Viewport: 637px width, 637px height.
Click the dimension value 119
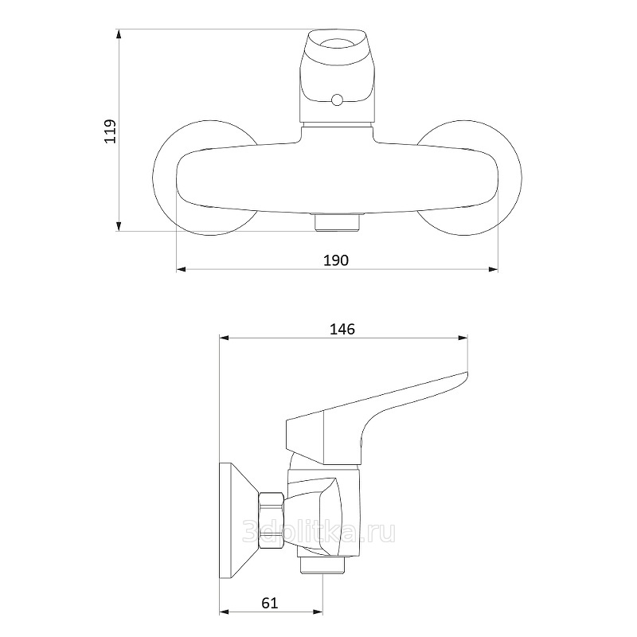(110, 131)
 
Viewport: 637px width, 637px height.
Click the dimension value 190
(336, 260)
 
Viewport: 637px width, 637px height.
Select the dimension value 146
(342, 329)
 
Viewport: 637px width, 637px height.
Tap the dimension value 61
(270, 603)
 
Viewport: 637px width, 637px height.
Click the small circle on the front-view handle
(337, 100)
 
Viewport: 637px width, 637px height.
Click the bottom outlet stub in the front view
(335, 221)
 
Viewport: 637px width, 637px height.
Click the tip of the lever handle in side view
(467, 373)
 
